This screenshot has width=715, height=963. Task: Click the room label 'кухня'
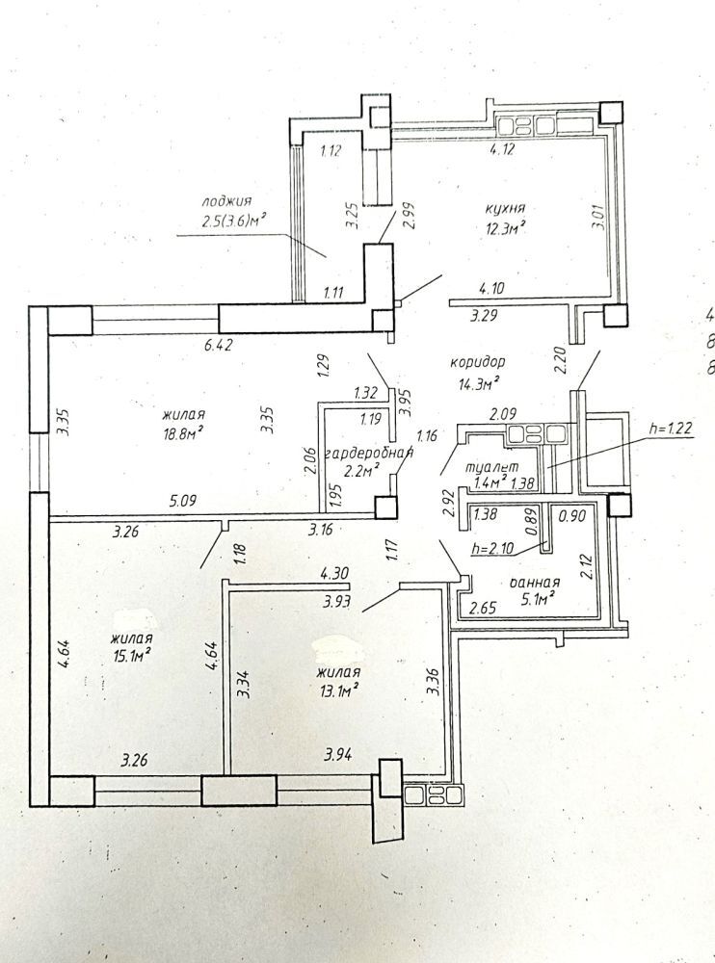[504, 208]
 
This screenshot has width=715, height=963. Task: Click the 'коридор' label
[477, 362]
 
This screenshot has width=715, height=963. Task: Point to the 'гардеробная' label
[368, 455]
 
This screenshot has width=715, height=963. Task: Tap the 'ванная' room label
[535, 582]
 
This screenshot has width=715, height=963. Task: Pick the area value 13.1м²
[339, 690]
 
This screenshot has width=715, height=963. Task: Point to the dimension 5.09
[182, 501]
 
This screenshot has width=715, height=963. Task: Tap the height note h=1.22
[672, 429]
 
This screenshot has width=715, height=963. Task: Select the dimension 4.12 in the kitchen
[502, 148]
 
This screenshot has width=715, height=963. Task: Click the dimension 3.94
[338, 755]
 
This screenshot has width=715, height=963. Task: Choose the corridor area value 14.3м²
[478, 384]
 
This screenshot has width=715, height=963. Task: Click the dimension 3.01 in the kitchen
[600, 216]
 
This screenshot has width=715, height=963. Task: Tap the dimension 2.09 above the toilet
[502, 414]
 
